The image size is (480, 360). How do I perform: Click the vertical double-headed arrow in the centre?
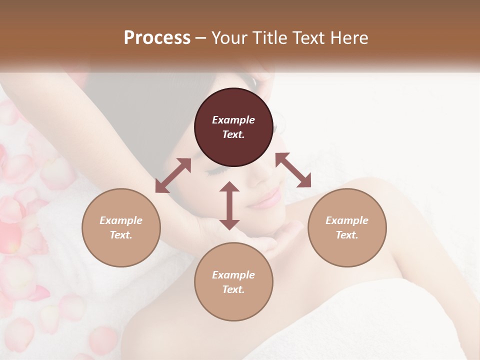229,205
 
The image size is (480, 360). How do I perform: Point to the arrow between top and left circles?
173,175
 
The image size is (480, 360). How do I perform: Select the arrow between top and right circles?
293,170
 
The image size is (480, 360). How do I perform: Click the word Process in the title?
157,37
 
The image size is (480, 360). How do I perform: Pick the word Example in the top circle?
233,120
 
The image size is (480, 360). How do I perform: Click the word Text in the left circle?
121,235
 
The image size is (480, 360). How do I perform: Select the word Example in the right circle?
347,220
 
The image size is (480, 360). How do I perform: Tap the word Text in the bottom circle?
233,289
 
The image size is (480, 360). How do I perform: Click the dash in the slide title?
200,38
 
